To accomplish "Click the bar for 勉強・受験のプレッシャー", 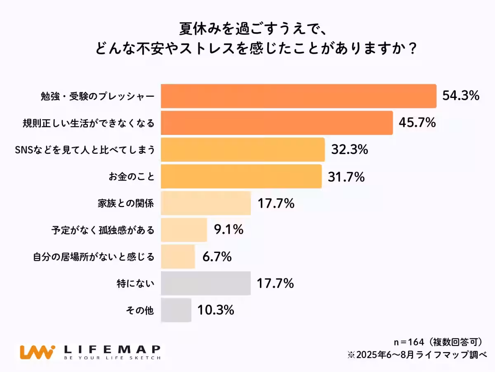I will click(298, 96).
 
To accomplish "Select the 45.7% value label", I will click(417, 123).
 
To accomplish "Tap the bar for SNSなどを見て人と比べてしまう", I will click(243, 150).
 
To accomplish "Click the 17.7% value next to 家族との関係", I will click(276, 203).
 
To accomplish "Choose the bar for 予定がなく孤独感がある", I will click(184, 230).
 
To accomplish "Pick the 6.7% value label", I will click(217, 257).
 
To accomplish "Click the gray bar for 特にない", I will click(205, 283).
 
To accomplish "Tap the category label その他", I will click(141, 310).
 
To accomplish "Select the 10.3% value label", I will click(216, 310).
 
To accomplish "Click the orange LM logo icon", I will click(37, 352).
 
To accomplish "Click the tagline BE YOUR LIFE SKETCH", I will click(112, 358).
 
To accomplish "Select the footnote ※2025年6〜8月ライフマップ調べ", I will click(417, 355).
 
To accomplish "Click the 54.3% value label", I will click(461, 96).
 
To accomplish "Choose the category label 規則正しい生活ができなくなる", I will click(88, 123).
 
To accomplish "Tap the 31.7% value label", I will click(346, 177).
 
